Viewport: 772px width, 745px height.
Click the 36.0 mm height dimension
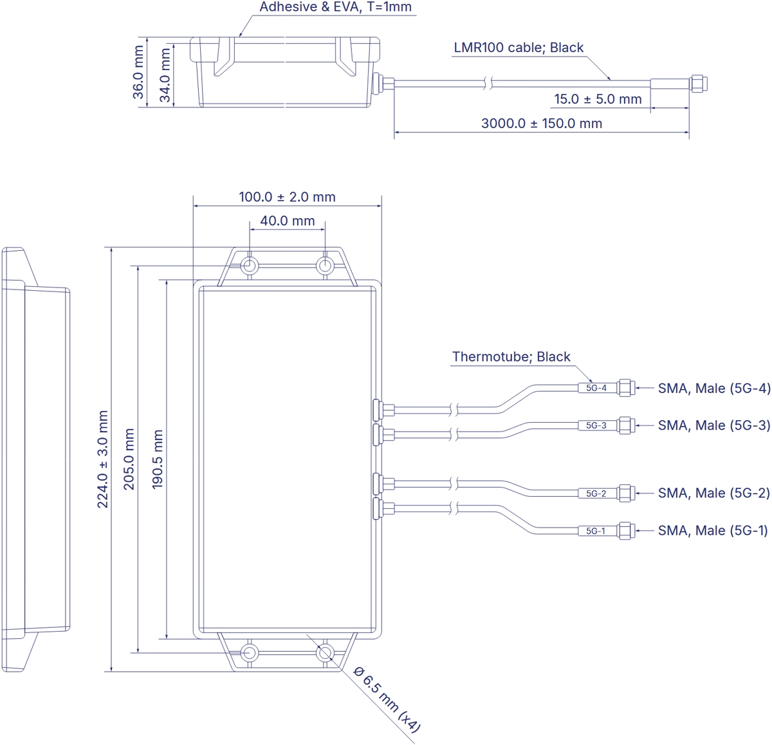coord(138,71)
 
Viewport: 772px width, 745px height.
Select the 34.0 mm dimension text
coord(165,75)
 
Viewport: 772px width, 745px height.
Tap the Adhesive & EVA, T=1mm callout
coord(335,8)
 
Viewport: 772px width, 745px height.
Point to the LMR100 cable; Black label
coord(519,48)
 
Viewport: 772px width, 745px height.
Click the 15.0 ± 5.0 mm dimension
coord(598,99)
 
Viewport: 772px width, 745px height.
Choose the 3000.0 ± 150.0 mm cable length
coord(542,124)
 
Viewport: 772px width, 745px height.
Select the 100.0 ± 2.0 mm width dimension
coord(287,197)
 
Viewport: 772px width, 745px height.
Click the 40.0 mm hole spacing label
coord(288,221)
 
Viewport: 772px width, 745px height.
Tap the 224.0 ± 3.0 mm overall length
coord(103,459)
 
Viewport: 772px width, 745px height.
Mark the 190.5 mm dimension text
coord(158,459)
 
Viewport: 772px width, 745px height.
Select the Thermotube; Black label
coord(511,357)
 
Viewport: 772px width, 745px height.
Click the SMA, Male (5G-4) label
coord(713,389)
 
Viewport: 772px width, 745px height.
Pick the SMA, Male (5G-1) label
coord(713,531)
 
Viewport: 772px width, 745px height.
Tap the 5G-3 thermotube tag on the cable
coord(596,425)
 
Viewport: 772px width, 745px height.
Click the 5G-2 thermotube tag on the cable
coord(596,493)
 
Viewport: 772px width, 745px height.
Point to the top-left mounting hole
coord(250,266)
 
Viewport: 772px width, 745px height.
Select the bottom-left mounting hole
coord(250,652)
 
